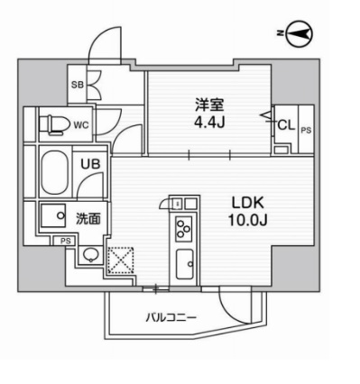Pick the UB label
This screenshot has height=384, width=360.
(92, 166)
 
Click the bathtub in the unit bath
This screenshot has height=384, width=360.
(54, 172)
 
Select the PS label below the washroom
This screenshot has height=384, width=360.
(65, 241)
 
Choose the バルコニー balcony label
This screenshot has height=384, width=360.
(170, 317)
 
